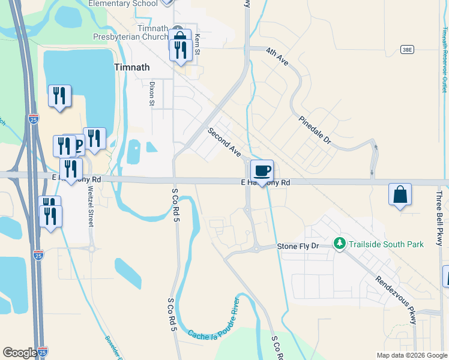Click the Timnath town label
click(132, 67)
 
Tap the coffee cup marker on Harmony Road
click(262, 171)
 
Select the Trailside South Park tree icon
click(340, 243)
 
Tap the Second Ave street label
click(224, 142)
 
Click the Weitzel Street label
click(91, 206)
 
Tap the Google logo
click(20, 353)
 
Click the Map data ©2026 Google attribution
click(412, 355)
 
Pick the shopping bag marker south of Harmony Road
click(400, 195)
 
